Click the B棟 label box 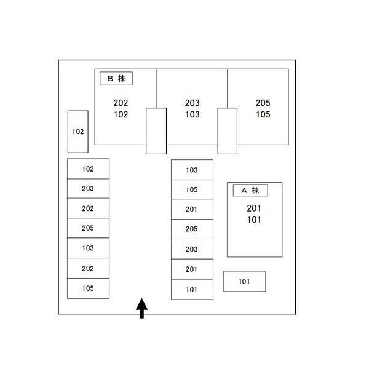[116, 79]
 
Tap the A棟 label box [249, 191]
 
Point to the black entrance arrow [141, 307]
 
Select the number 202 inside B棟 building [121, 103]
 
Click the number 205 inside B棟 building [263, 103]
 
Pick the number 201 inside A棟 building [254, 208]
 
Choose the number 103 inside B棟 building [192, 114]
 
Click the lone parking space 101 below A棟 [244, 281]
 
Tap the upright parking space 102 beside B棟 [77, 132]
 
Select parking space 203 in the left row [88, 189]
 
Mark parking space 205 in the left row [88, 228]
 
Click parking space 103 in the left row [88, 248]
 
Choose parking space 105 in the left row [88, 288]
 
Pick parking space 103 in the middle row [192, 170]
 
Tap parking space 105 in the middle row [192, 189]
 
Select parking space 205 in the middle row [192, 229]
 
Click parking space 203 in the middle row [192, 249]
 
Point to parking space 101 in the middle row [192, 289]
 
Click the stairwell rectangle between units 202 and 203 [156, 130]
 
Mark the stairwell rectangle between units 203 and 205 [228, 130]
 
